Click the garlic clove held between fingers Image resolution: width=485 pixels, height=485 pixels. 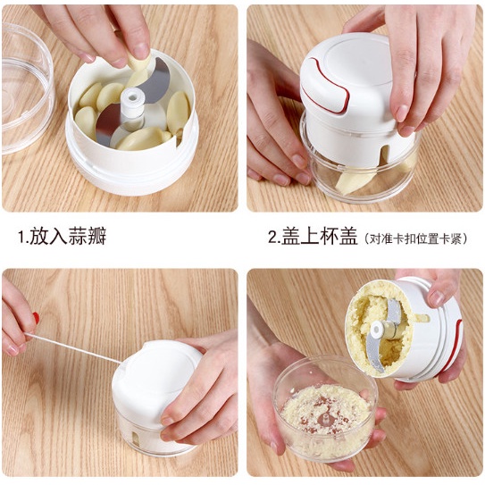(139, 62)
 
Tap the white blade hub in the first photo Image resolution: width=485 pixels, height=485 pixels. (133, 104)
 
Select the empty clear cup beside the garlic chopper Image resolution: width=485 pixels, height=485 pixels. (27, 89)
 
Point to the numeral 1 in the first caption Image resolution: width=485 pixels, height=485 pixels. (21, 237)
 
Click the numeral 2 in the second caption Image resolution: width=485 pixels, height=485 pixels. (272, 237)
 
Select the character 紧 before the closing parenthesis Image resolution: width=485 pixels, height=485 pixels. (456, 238)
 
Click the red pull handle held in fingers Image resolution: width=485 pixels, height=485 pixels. (37, 318)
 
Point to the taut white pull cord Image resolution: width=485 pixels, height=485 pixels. (73, 348)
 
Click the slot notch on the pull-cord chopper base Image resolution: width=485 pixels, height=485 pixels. (136, 439)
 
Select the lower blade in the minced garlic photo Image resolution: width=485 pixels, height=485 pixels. (375, 354)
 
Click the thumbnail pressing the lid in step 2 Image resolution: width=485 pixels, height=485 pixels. (402, 113)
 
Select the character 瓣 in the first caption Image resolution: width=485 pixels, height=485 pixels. (97, 236)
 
